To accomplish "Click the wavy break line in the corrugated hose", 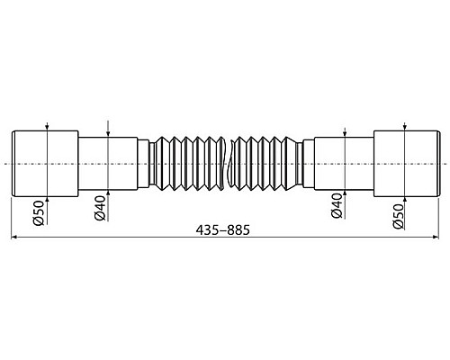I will pos(225,161).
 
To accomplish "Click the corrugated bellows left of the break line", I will pos(184,161).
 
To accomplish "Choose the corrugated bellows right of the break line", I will pos(265,161).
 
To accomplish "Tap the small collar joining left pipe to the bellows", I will pos(143,161).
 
